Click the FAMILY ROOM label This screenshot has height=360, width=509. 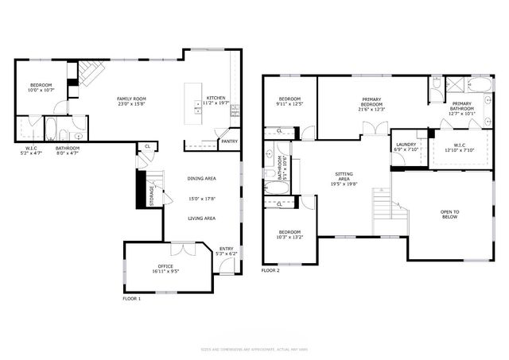(x=132, y=99)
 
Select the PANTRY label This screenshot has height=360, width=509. (x=230, y=141)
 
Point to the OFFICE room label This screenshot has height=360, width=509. (x=165, y=266)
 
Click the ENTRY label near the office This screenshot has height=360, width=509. (x=227, y=249)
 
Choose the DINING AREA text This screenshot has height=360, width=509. (x=201, y=179)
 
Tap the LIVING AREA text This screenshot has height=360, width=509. (x=201, y=218)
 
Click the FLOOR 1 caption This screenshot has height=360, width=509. (x=131, y=298)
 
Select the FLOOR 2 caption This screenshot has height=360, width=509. (x=270, y=270)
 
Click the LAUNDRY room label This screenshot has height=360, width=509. (x=406, y=145)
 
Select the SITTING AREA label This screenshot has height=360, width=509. (x=344, y=179)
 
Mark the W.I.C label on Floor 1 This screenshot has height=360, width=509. (x=31, y=148)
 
